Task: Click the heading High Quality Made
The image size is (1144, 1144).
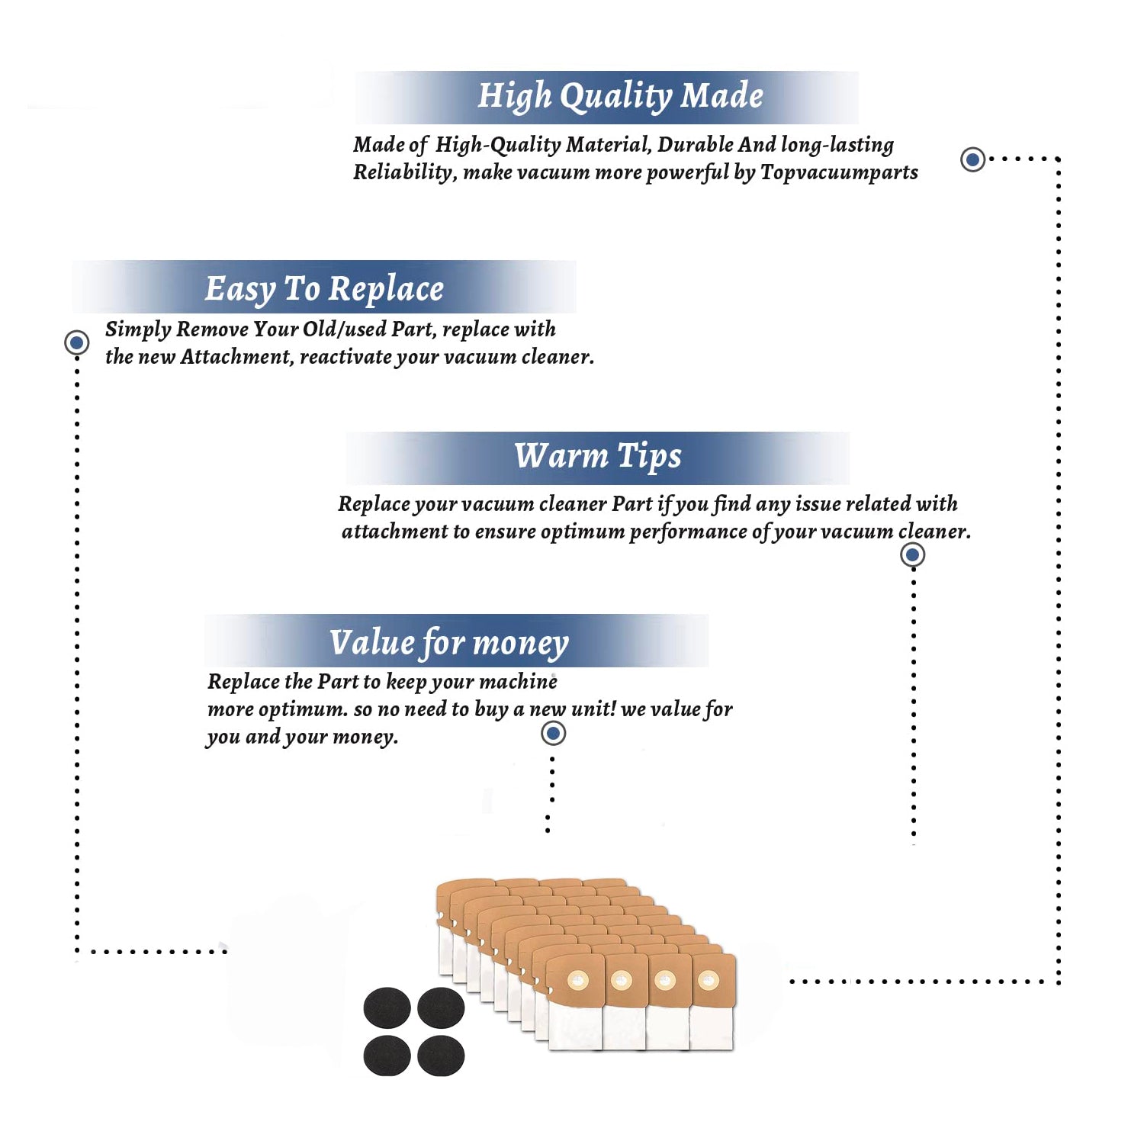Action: click(x=620, y=97)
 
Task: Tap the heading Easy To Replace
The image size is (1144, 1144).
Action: click(x=324, y=289)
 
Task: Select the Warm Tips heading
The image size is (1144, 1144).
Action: click(x=598, y=456)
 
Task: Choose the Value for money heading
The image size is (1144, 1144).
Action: click(x=449, y=643)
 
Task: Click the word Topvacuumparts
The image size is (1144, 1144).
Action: click(x=839, y=173)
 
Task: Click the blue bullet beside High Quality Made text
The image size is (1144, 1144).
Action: click(x=972, y=159)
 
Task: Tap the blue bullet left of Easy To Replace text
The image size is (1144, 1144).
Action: click(x=76, y=342)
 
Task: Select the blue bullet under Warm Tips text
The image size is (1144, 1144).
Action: click(x=912, y=554)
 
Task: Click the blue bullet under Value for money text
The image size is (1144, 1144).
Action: click(x=553, y=734)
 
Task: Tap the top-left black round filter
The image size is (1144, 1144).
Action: click(x=387, y=1007)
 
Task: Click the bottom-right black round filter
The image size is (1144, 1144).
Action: click(x=441, y=1056)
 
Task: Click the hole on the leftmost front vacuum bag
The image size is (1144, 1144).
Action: click(x=577, y=979)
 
